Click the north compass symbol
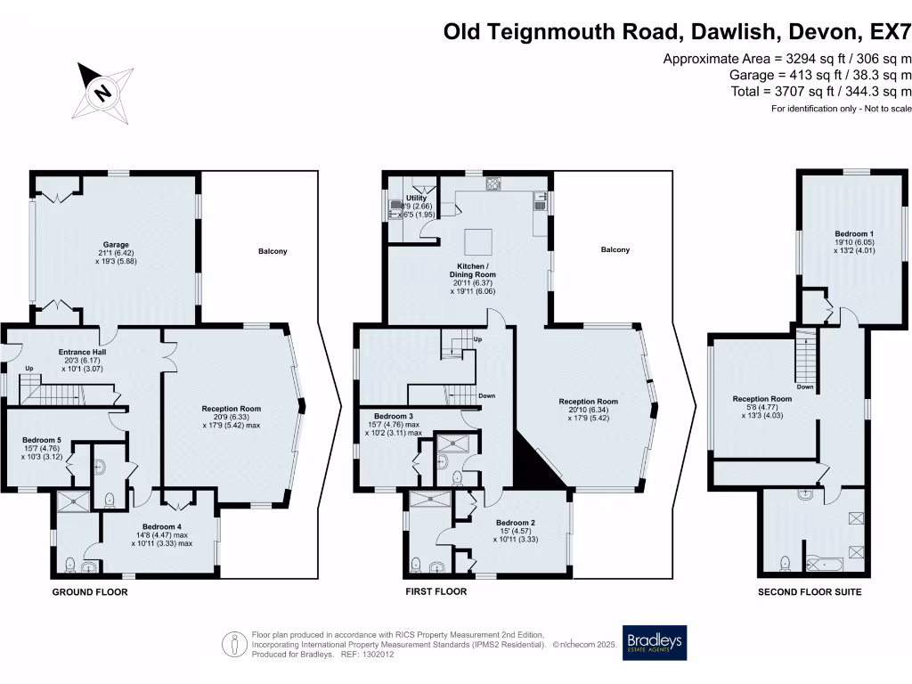(x=103, y=92)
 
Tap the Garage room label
(x=114, y=244)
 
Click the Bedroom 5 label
(x=42, y=440)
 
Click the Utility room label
(x=417, y=198)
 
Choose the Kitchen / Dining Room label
(x=471, y=272)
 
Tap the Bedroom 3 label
(x=393, y=417)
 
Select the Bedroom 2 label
(x=515, y=523)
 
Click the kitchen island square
(x=479, y=240)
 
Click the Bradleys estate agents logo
(x=655, y=642)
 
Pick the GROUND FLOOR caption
(x=89, y=592)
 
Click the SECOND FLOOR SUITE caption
(x=810, y=592)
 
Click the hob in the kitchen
(x=493, y=184)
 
